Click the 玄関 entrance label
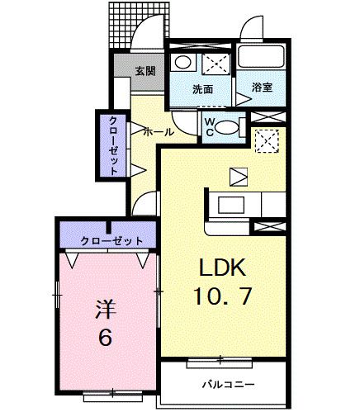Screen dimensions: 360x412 pyautogui.click(x=145, y=72)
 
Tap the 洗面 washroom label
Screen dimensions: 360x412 pyautogui.click(x=202, y=89)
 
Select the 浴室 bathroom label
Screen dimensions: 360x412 pyautogui.click(x=262, y=87)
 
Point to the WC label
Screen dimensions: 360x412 pyautogui.click(x=210, y=127)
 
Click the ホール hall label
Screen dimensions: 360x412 pyautogui.click(x=159, y=132)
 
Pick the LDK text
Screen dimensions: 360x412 pyautogui.click(x=222, y=268)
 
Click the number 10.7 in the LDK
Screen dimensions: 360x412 pyautogui.click(x=222, y=296)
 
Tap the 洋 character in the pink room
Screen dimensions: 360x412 pyautogui.click(x=106, y=309)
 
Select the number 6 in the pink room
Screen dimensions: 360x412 pyautogui.click(x=106, y=337)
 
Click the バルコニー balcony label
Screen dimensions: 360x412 pyautogui.click(x=229, y=384)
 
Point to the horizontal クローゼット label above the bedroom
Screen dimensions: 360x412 pyautogui.click(x=111, y=241)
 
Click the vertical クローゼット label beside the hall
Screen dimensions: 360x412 pyautogui.click(x=113, y=146)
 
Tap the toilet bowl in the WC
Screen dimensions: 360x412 pyautogui.click(x=225, y=128)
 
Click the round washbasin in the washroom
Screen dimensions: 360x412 pyautogui.click(x=182, y=63)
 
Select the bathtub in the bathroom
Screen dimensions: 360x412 pyautogui.click(x=261, y=57)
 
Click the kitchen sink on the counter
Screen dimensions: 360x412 pyautogui.click(x=231, y=205)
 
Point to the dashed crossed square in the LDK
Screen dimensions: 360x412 pyautogui.click(x=268, y=141)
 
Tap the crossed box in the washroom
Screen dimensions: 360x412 pyautogui.click(x=216, y=64)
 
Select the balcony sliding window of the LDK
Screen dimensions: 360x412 pyautogui.click(x=220, y=362)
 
